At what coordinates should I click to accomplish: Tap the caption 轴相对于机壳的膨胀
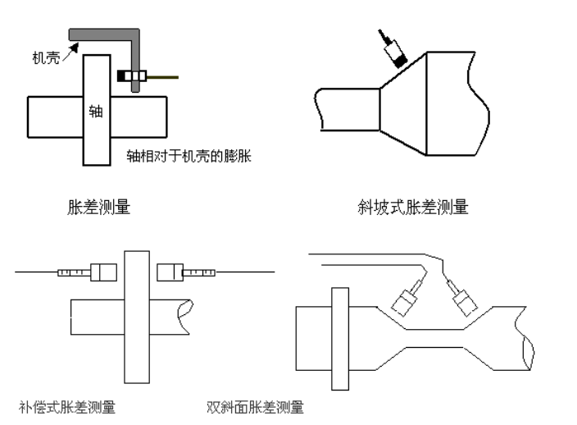[188, 155]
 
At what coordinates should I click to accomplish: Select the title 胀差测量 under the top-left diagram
[98, 208]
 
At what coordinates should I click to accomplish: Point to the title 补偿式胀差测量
[67, 406]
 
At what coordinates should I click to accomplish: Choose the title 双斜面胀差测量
[256, 406]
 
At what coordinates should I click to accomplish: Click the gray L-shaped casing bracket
[107, 33]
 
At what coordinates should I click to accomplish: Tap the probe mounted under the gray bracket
[132, 76]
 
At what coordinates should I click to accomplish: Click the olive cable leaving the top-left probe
[162, 77]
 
